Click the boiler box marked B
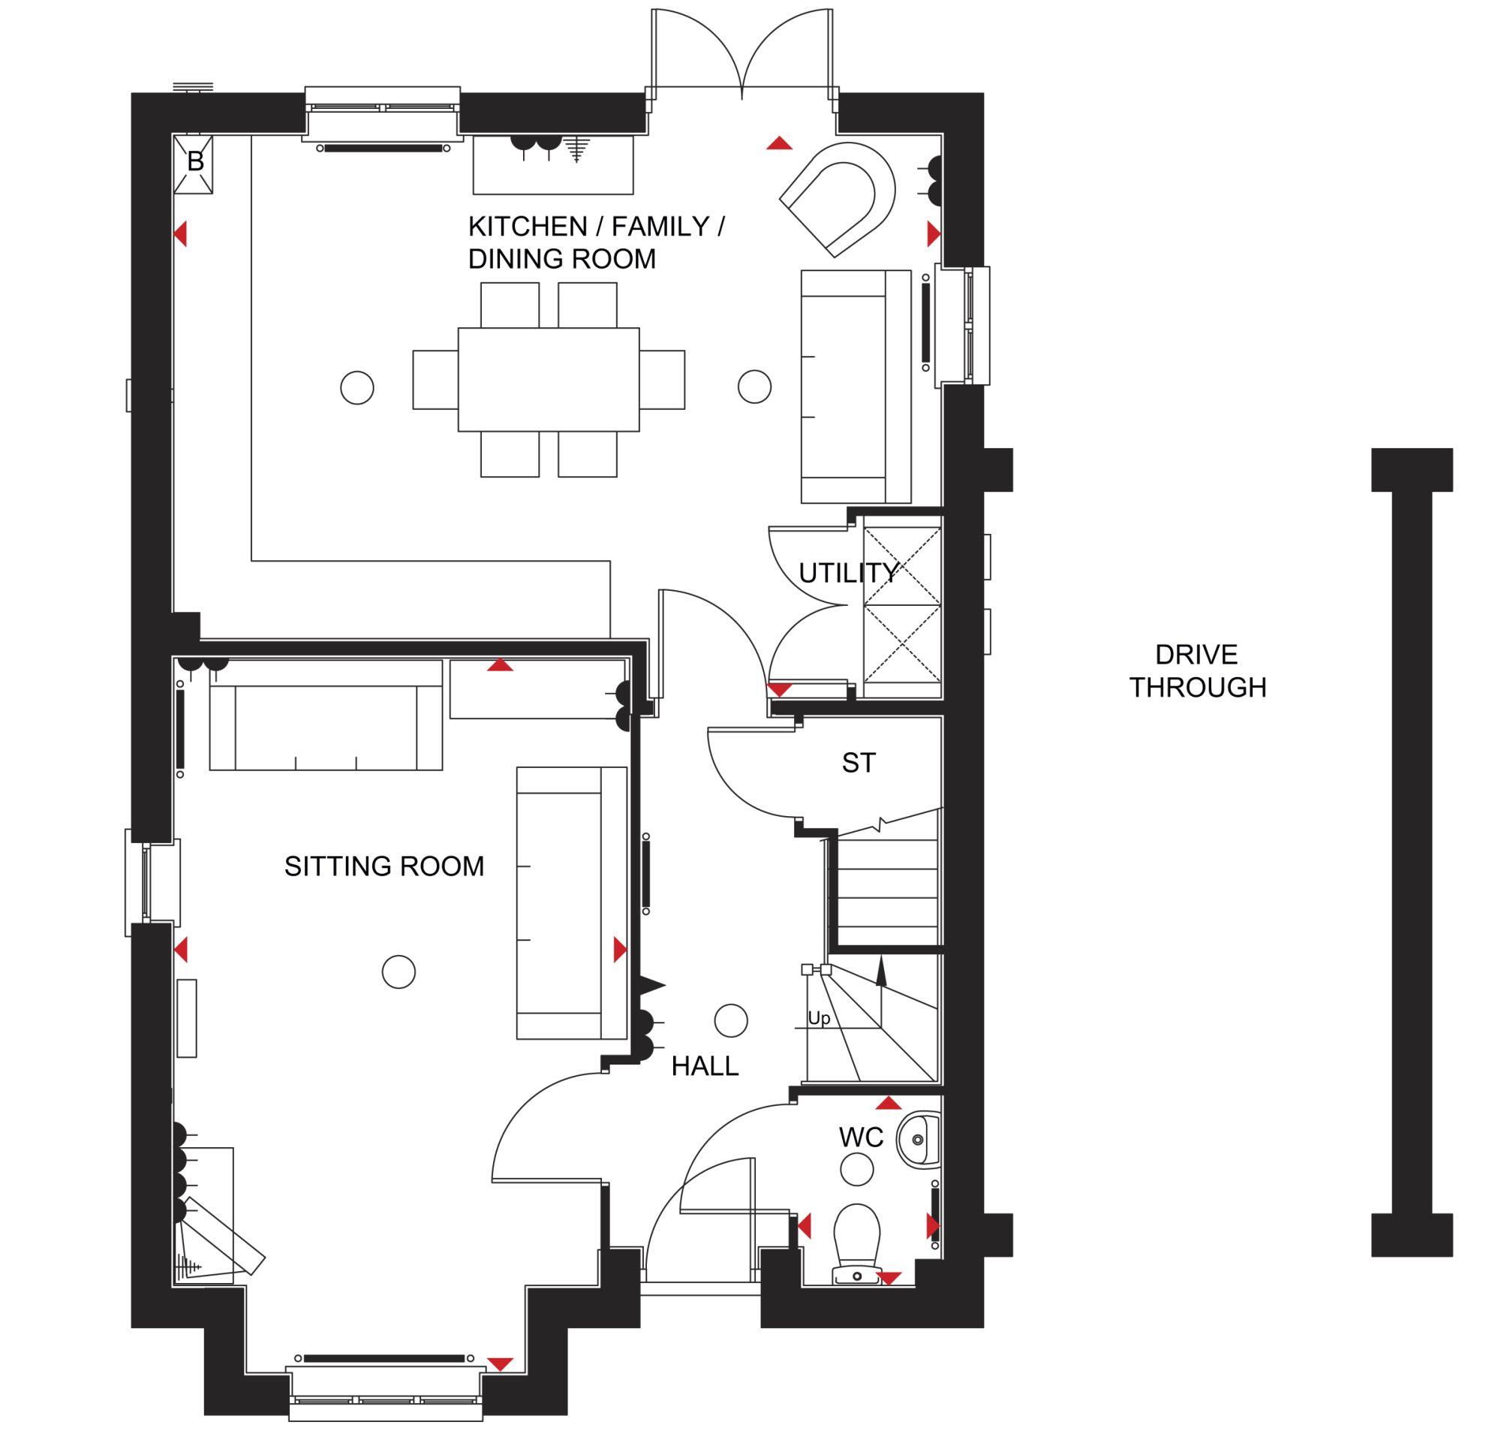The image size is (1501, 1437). click(x=194, y=164)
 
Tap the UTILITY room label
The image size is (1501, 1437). click(x=848, y=573)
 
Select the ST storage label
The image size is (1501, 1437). click(x=859, y=763)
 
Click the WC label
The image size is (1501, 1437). click(x=862, y=1138)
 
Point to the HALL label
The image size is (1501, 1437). click(x=705, y=1066)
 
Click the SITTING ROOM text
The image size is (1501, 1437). click(x=384, y=866)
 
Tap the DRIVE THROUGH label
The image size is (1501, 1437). click(x=1198, y=671)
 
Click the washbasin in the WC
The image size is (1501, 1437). click(x=919, y=1140)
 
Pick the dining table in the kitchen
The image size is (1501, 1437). click(x=549, y=380)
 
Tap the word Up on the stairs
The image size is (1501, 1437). click(x=819, y=1019)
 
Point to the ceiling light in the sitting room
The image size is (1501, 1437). click(x=399, y=972)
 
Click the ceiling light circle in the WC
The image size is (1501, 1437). click(x=857, y=1170)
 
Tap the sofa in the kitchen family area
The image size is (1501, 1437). click(x=856, y=386)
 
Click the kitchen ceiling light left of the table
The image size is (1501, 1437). click(x=357, y=387)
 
